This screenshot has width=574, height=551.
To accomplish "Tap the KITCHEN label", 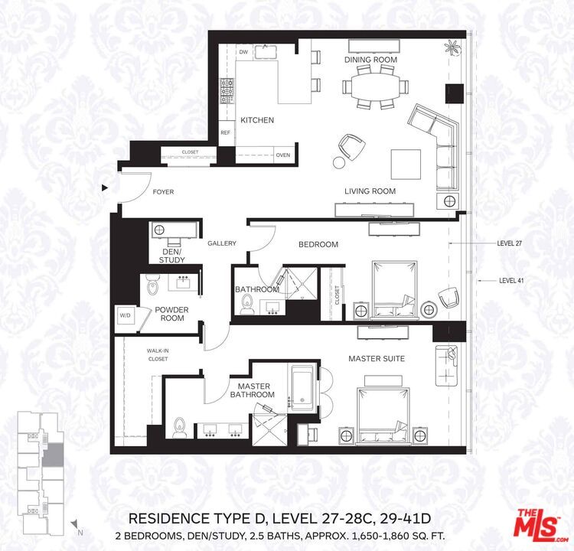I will pos(256,120).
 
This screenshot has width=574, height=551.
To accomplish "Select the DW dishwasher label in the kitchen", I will pos(243,52).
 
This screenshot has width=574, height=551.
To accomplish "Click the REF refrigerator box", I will pos(225,132).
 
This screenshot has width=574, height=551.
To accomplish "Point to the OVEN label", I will pos(283,155).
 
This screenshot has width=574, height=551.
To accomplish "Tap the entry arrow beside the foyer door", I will pos(105,187).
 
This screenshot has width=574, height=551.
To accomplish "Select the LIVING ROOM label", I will pos(370,191).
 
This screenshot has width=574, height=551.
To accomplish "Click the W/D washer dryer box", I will pos(124,315).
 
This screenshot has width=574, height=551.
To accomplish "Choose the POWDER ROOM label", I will pos(171,314).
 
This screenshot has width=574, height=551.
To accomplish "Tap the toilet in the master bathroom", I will pos(178,427).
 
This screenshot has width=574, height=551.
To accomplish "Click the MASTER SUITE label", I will pos(377,358).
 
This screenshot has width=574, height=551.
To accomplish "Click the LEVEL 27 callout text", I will pos(509,243).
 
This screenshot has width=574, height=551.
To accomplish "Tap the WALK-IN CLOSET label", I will pos(158,354).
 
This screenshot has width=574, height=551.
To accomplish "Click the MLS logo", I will pos(539,526).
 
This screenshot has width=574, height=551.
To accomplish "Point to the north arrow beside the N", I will pos(76,524).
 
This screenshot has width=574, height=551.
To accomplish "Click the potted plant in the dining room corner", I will pos(453,47).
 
